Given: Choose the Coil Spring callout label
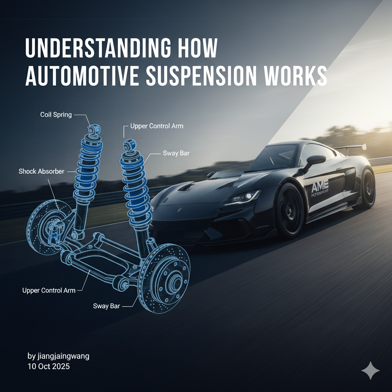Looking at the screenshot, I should coord(56,114).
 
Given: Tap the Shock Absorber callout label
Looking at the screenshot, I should coord(41,171).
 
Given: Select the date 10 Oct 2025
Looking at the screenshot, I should coord(49,366).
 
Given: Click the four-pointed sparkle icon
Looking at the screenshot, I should coord(370,370).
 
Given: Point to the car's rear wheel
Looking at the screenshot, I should coord(367,189).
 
